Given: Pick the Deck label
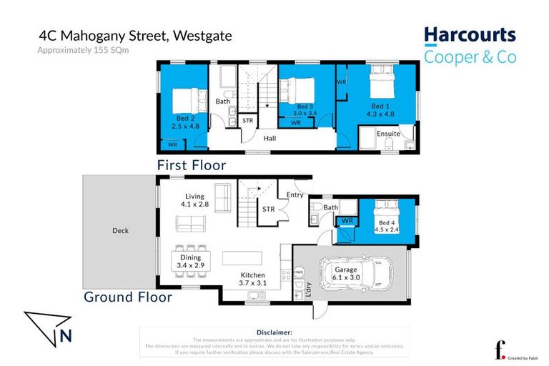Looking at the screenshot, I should (x=119, y=230).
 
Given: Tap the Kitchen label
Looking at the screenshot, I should (x=252, y=275).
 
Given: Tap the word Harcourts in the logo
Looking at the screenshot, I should (x=470, y=35).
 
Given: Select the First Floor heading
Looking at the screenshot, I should (x=192, y=165).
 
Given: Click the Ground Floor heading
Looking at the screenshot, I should (x=128, y=296).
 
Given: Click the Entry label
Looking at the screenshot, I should (x=295, y=194).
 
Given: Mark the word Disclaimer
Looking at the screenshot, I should (x=274, y=332).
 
